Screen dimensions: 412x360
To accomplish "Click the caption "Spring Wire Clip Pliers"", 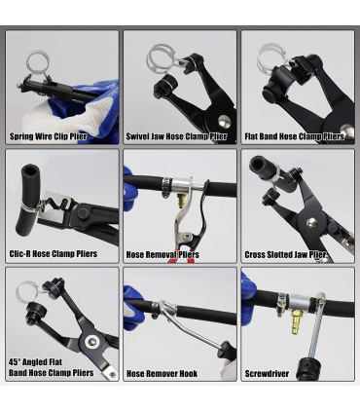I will [x=49, y=137].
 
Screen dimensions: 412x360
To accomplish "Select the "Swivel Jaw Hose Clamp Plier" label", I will [x=177, y=137].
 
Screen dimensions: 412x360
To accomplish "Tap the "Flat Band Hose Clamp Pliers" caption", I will [x=293, y=137].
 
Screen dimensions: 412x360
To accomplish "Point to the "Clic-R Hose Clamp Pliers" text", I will [x=54, y=255].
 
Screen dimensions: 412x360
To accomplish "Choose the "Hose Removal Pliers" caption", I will [x=162, y=255].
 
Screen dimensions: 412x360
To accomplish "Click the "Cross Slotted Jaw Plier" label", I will [x=285, y=255].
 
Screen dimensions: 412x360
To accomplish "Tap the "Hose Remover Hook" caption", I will [x=162, y=374].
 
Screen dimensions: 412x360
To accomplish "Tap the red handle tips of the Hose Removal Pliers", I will [x=177, y=258].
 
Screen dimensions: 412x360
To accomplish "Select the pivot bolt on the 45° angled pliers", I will [x=90, y=341].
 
